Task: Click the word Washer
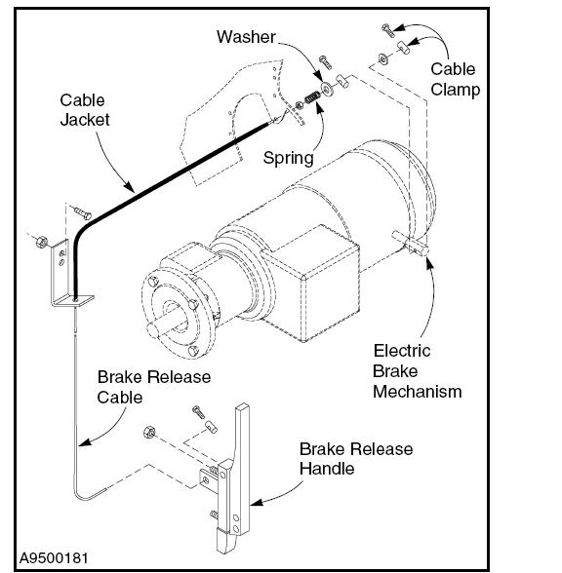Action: pos(246,37)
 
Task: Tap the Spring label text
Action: pos(289,158)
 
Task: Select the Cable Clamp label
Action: pos(455,79)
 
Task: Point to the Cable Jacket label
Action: pos(85,110)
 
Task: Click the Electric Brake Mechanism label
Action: pos(418,371)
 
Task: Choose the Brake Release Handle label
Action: pos(356,459)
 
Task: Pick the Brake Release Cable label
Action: pos(154,387)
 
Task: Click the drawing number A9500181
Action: pos(54,558)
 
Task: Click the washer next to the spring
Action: pos(326,89)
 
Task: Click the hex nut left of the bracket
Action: pos(42,242)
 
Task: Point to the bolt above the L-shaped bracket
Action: pos(82,212)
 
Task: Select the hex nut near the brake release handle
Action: pos(149,433)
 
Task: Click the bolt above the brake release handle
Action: pos(198,412)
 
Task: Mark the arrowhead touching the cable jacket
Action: pos(129,186)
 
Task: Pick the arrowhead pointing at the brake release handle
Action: pos(256,502)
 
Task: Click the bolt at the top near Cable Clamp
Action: pos(388,30)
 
